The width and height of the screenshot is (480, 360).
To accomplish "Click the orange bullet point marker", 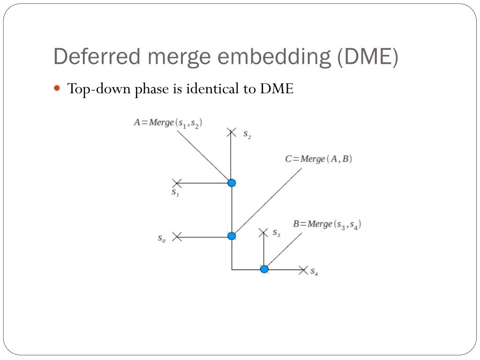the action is pyautogui.click(x=58, y=88).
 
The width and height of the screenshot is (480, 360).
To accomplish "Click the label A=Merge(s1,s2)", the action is pyautogui.click(x=168, y=123).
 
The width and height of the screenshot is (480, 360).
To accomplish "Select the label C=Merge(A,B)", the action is pyautogui.click(x=319, y=159).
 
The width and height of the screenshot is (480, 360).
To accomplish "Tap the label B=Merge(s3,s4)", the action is pyautogui.click(x=327, y=224).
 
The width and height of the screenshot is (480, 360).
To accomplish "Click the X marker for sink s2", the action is pyautogui.click(x=231, y=133).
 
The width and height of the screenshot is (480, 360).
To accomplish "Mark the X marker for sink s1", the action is pyautogui.click(x=177, y=183).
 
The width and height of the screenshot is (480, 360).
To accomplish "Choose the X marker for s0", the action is pyautogui.click(x=177, y=237).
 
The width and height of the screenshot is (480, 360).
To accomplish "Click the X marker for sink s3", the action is pyautogui.click(x=264, y=232).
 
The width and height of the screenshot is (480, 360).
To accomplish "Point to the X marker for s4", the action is pyautogui.click(x=303, y=270).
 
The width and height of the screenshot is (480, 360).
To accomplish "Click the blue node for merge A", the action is pyautogui.click(x=232, y=183).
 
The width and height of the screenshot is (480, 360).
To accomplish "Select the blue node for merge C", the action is pyautogui.click(x=232, y=236).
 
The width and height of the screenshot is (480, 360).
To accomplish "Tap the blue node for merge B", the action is pyautogui.click(x=264, y=269).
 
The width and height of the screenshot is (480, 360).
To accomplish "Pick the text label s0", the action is pyautogui.click(x=161, y=238).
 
